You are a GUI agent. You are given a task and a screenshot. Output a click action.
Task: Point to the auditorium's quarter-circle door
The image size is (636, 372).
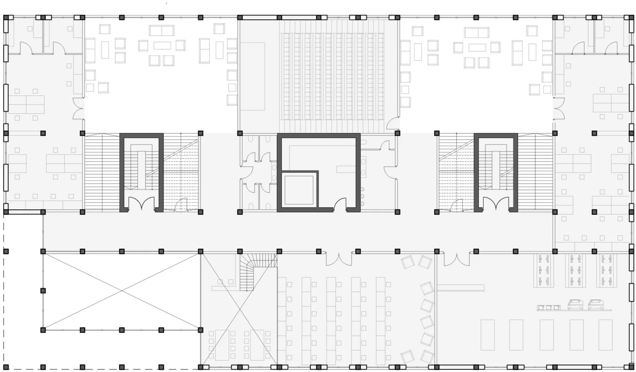pyautogui.click(x=392, y=123)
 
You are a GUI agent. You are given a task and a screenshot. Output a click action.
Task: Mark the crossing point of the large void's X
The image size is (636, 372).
pyautogui.click(x=122, y=291)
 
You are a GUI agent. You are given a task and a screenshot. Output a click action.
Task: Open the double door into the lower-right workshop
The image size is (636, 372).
pyautogui.click(x=457, y=259)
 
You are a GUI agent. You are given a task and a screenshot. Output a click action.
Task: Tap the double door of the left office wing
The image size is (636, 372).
pyautogui.click(x=79, y=108)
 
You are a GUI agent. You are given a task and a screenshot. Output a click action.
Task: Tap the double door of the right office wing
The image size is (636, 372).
pyautogui.click(x=558, y=108)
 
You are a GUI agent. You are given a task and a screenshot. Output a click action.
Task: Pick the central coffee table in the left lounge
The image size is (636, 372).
pyautogui.click(x=162, y=46)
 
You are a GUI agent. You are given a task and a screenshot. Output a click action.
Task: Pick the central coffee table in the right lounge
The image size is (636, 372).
pyautogui.click(x=477, y=47)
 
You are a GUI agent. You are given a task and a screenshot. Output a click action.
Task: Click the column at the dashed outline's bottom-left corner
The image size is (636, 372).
pyautogui.click(x=6, y=367)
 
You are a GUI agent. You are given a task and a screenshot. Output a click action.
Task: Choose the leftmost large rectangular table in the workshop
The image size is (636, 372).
pyautogui.click(x=487, y=334)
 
